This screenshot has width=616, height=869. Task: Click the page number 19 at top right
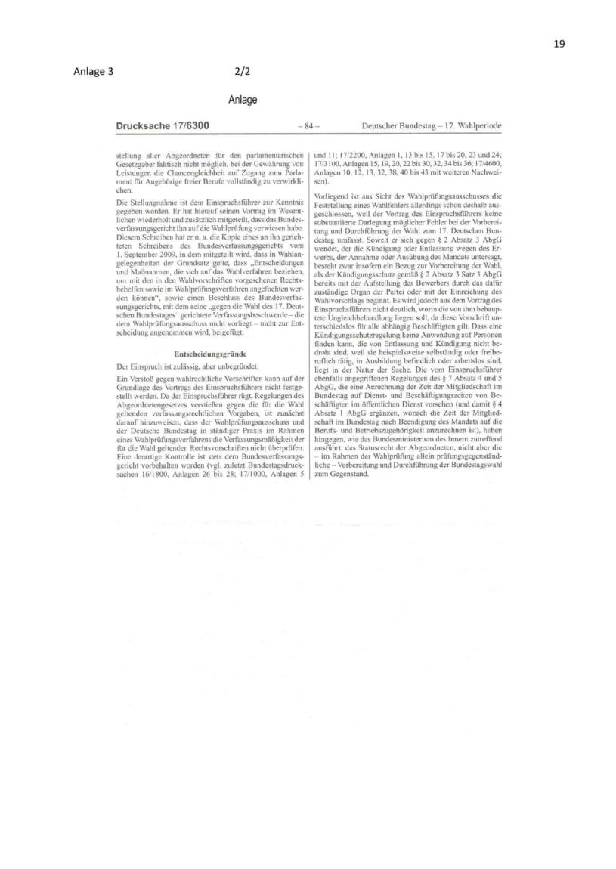point(559,43)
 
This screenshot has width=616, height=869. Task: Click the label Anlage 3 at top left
point(93,73)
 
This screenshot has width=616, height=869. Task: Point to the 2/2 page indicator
point(243,73)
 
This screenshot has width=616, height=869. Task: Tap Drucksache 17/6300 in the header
point(163,125)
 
